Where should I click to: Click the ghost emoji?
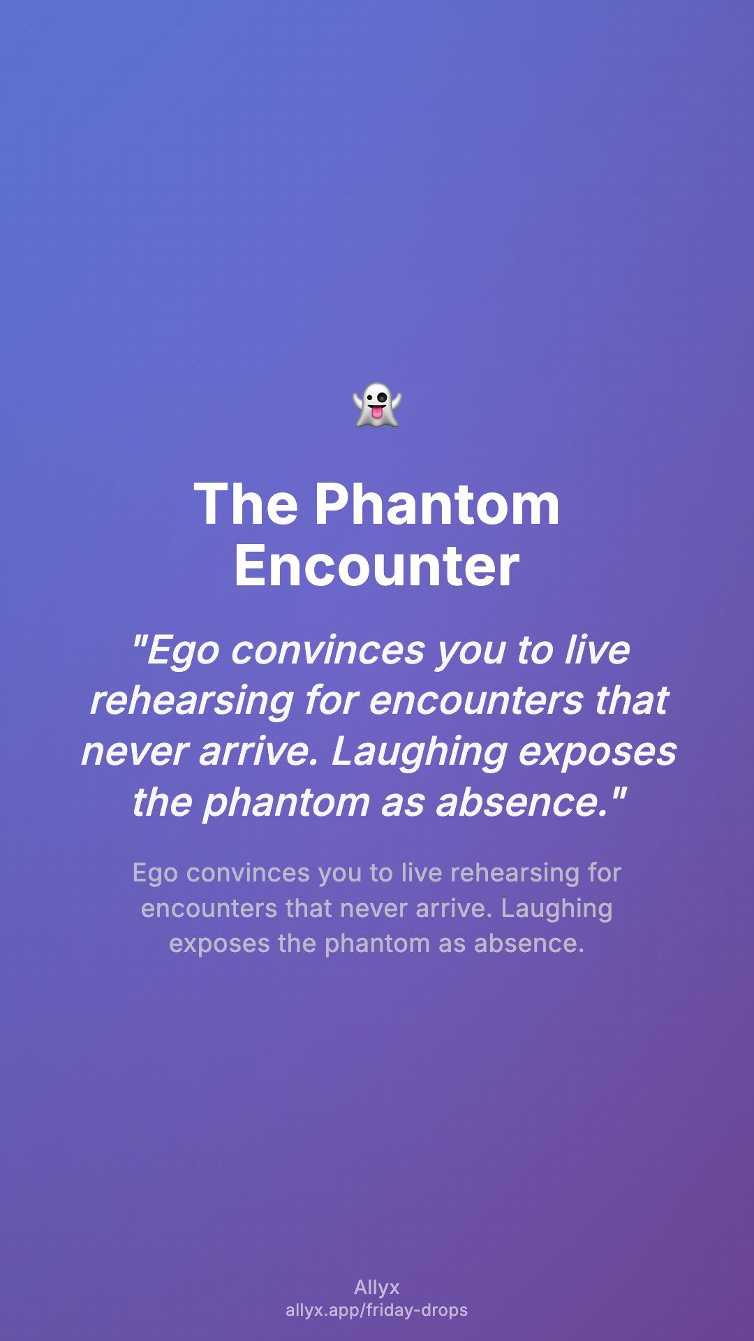377,404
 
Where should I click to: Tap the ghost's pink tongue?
376,415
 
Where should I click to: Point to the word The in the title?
246,504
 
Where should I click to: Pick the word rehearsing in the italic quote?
191,702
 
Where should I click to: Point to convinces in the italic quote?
327,650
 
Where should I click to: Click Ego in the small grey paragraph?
154,874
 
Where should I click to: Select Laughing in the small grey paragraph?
556,909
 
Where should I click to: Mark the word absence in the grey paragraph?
528,944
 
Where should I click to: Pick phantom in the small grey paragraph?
377,944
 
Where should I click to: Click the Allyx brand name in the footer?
377,1287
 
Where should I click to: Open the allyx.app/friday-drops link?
377,1310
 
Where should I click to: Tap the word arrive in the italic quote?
259,752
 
